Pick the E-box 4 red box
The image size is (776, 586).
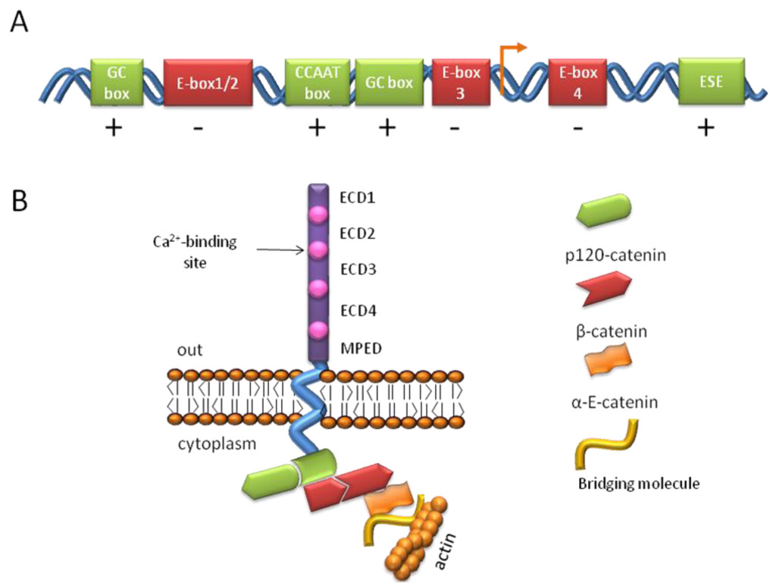pos(579,83)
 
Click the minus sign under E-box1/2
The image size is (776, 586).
pos(199,130)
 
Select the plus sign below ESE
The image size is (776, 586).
pos(706,129)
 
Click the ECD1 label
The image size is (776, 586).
pos(361,199)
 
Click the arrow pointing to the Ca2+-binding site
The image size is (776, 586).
pos(280,249)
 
